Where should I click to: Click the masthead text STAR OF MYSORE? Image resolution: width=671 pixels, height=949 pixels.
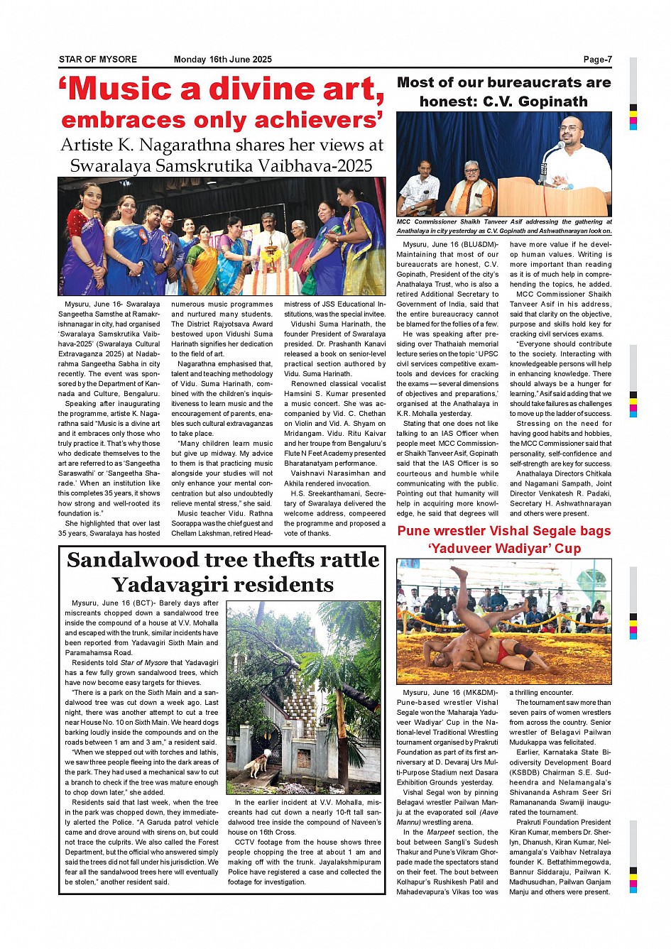(x=97, y=60)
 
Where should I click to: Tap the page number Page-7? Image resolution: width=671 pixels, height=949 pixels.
(x=597, y=60)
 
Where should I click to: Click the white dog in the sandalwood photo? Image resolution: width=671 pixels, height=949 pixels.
(x=256, y=764)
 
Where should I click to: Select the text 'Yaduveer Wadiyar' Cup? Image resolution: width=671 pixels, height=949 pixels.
(x=504, y=549)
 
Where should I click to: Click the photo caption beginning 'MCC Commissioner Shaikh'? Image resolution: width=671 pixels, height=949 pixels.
(x=503, y=226)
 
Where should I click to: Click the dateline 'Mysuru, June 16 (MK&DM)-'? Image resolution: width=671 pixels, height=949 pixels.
(x=450, y=693)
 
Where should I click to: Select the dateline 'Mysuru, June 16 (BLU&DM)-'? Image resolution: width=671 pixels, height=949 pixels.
(x=451, y=244)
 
